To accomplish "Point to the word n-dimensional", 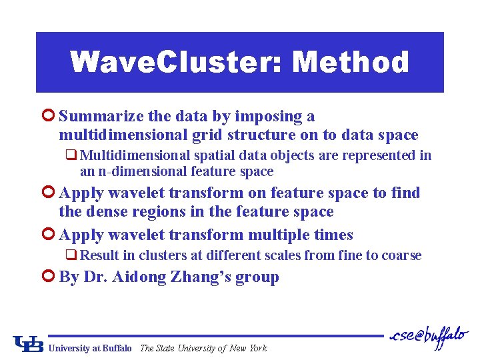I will coord(135,172).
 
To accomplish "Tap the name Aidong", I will coord(141,277).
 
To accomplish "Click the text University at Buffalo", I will coord(90,348).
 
